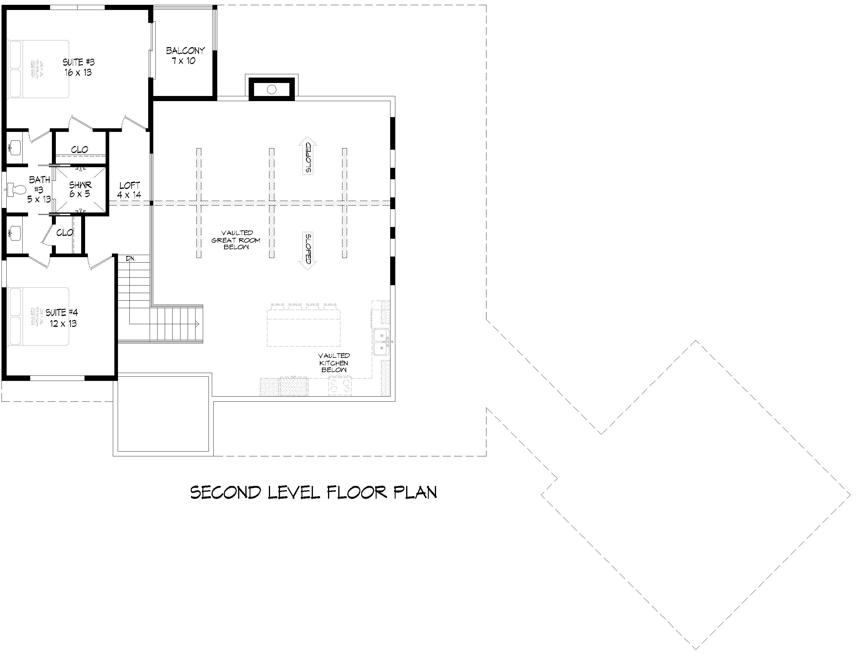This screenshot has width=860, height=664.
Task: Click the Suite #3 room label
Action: (x=79, y=67)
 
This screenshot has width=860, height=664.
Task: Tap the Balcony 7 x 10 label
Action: (x=185, y=56)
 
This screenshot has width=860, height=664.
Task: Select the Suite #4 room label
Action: (x=62, y=318)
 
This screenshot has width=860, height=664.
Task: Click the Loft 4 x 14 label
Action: (x=129, y=190)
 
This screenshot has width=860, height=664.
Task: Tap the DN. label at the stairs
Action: (x=131, y=259)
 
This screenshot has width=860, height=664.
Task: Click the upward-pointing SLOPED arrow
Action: (x=308, y=155)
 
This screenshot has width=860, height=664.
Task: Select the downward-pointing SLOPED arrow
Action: (x=308, y=250)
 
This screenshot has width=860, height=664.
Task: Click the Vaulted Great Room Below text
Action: (x=236, y=240)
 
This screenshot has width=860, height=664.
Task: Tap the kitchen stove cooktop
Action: (x=340, y=385)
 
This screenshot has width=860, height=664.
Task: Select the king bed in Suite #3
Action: (x=38, y=69)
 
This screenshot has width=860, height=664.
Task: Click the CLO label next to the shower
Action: (x=80, y=150)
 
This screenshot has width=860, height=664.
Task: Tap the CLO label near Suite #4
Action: (x=65, y=233)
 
